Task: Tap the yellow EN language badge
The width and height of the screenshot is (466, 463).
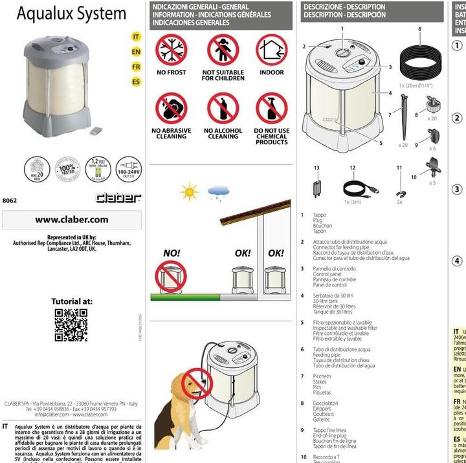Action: pos(136,52)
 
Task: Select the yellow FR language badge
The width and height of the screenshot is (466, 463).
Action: pos(136,67)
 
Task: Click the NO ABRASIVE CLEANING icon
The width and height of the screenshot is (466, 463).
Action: pos(171,109)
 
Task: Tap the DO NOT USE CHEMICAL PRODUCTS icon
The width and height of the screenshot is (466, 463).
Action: pos(271,109)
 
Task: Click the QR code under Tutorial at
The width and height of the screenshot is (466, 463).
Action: pos(71,325)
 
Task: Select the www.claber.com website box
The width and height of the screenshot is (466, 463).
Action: pos(72,220)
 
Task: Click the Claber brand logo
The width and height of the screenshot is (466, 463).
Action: pos(118,197)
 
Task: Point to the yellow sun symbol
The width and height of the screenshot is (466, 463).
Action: pos(190,192)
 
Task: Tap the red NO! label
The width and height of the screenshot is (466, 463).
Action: pos(172,253)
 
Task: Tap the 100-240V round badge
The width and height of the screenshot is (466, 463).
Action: pos(129,169)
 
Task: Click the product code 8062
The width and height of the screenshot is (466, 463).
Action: pos(9,200)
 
